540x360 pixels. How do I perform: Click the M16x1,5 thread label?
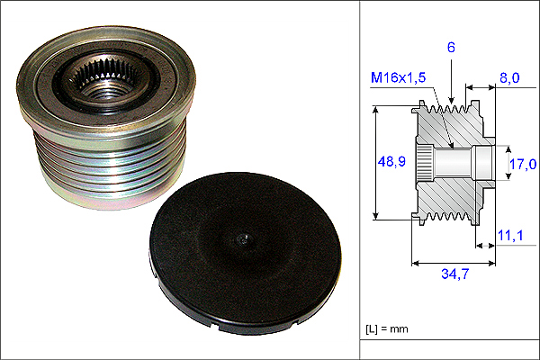click(398, 78)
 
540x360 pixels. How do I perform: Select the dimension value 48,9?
click(391, 161)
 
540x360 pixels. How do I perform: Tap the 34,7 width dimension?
click(454, 274)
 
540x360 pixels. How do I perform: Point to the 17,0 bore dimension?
click(523, 164)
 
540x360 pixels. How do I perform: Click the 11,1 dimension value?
click(510, 236)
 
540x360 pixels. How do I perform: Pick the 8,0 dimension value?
click(509, 78)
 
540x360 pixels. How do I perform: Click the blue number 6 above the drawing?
click(451, 47)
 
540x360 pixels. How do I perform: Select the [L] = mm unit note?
click(387, 329)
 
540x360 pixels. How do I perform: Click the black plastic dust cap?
click(245, 253)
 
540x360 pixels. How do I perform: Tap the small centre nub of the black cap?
click(244, 239)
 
